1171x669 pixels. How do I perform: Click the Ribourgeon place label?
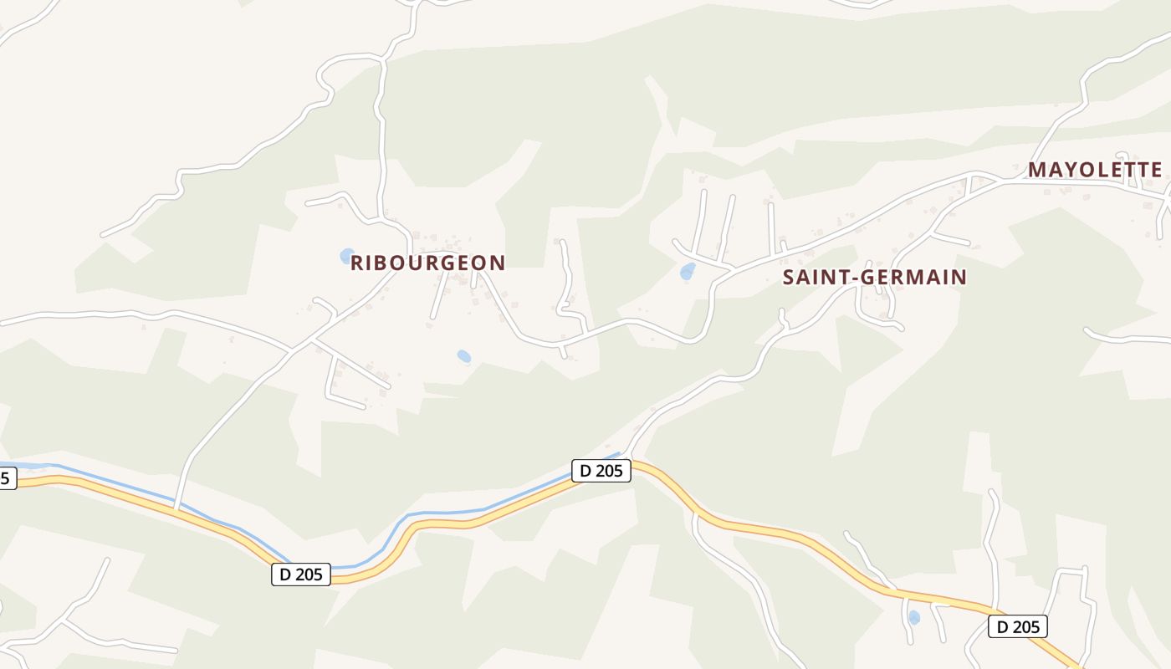tap(427, 263)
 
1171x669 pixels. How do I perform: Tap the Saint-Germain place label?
tap(874, 277)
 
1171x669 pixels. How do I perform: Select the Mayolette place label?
tap(1095, 170)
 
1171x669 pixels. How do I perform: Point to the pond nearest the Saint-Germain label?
tap(688, 271)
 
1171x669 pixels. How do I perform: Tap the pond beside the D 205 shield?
tap(913, 618)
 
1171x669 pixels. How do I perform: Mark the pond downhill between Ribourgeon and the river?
tap(464, 357)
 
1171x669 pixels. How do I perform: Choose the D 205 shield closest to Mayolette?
tap(1017, 626)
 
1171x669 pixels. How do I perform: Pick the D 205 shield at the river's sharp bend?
tap(301, 575)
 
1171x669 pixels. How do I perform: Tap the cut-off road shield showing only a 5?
tap(7, 478)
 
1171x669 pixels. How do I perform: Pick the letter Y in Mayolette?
tap(1068, 170)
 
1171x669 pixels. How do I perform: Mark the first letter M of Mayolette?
tap(1037, 170)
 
